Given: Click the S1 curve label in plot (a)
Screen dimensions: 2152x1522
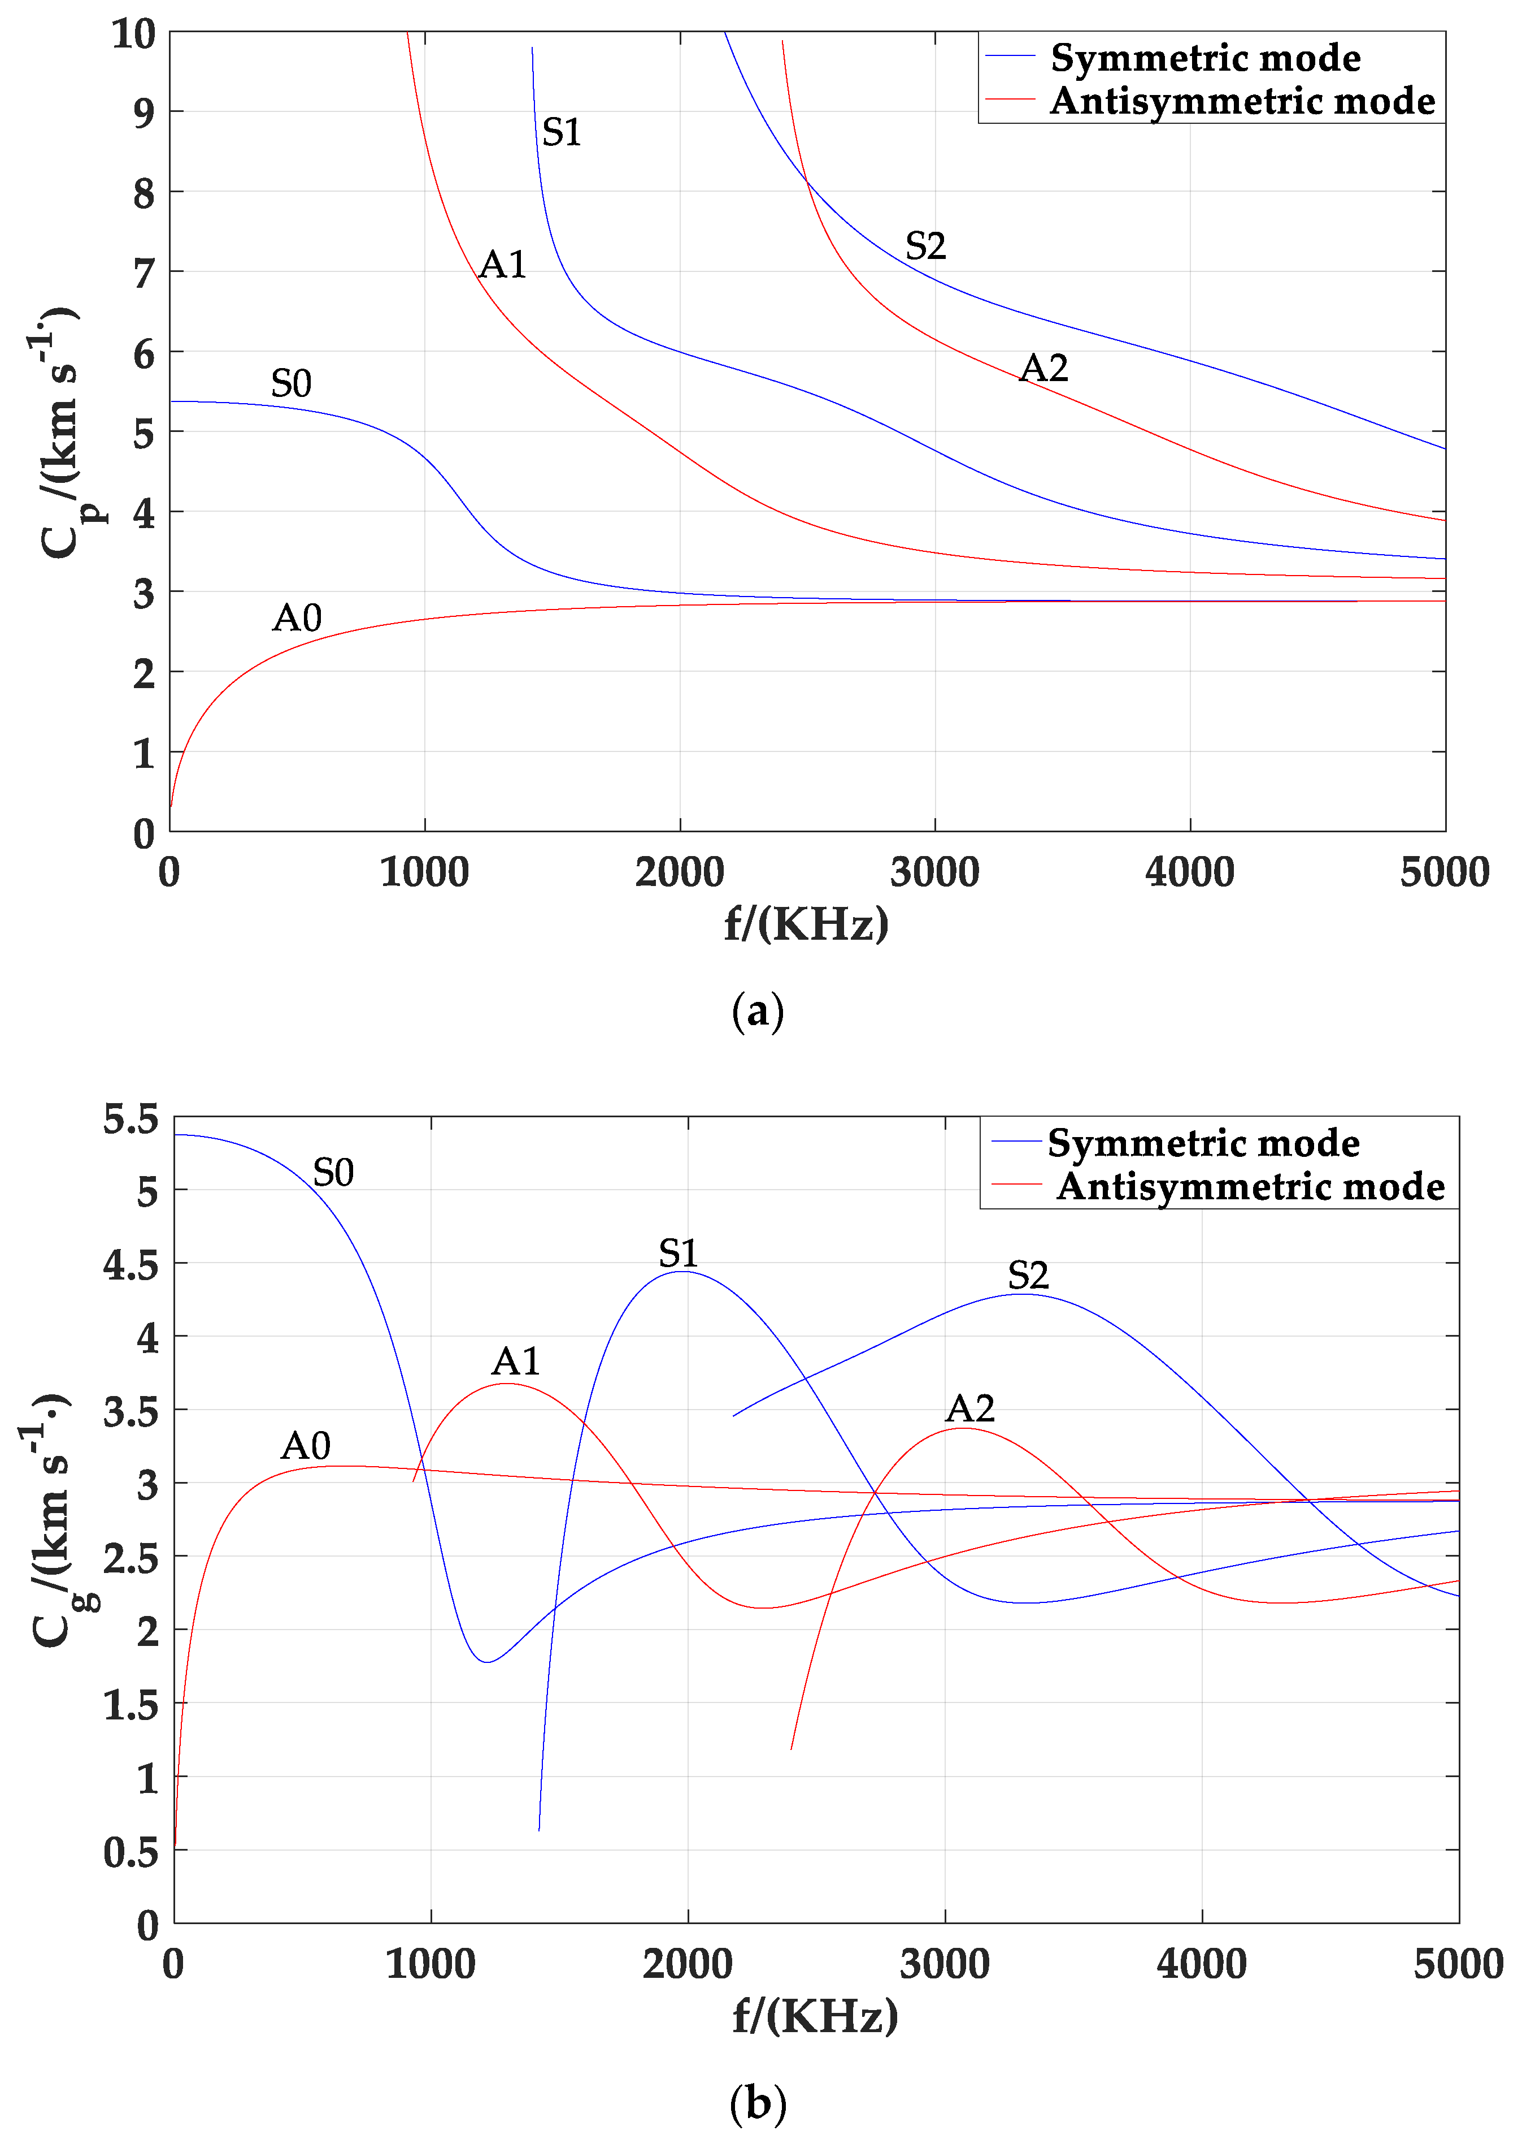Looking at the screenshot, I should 562,132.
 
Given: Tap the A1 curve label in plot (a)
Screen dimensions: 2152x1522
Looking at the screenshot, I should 502,265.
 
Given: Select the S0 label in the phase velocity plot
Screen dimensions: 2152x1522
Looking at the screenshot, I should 290,383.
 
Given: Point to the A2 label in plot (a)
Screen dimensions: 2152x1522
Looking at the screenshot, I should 1043,369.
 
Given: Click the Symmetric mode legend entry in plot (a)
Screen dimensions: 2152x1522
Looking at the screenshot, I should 1204,58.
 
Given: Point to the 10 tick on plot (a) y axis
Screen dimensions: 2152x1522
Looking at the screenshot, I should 133,34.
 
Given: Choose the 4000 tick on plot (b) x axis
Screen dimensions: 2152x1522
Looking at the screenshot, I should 1202,1964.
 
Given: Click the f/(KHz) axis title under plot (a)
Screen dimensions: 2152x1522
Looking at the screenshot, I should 806,926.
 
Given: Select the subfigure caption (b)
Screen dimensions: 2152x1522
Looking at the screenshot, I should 757,2103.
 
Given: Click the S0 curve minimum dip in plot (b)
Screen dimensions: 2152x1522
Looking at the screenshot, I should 486,1662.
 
